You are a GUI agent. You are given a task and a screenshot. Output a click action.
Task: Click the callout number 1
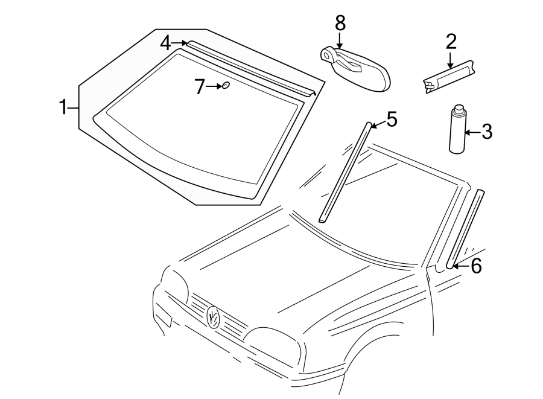pyautogui.click(x=62, y=108)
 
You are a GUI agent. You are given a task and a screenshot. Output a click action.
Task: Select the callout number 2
pyautogui.click(x=451, y=42)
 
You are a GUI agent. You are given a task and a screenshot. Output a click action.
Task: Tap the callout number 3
pyautogui.click(x=486, y=131)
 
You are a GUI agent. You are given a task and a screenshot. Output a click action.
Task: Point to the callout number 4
pyautogui.click(x=166, y=43)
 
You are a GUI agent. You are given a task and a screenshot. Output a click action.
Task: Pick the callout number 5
pyautogui.click(x=392, y=120)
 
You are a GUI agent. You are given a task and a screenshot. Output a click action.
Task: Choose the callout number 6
pyautogui.click(x=476, y=266)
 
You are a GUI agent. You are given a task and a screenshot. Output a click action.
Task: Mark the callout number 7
pyautogui.click(x=200, y=87)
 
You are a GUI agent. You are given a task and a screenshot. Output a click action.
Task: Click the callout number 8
pyautogui.click(x=340, y=24)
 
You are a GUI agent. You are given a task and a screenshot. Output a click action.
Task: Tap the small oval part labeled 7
pyautogui.click(x=226, y=86)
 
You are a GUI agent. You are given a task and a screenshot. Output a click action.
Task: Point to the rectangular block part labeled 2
pyautogui.click(x=449, y=76)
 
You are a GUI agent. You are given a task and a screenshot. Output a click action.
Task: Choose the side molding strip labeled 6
pyautogui.click(x=465, y=229)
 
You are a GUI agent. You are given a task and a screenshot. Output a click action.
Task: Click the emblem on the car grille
pyautogui.click(x=213, y=316)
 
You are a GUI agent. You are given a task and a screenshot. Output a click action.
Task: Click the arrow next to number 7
pyautogui.click(x=215, y=87)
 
